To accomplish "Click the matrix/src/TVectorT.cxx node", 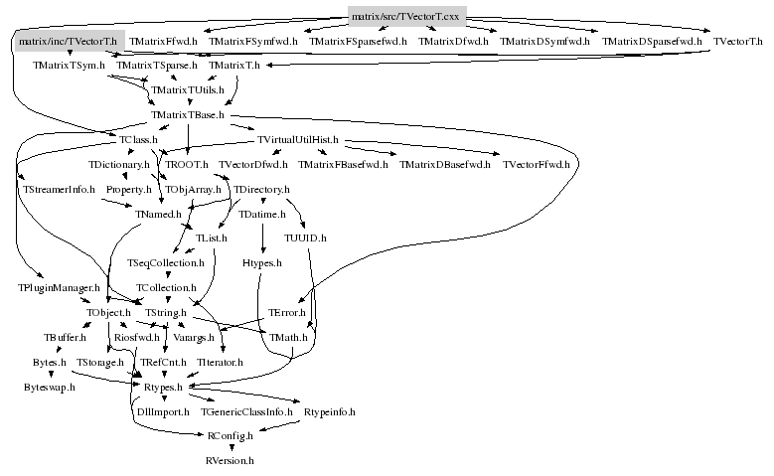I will [x=407, y=16].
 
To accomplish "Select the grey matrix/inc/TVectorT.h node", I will [x=68, y=41].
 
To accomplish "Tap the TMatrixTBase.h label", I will [x=188, y=115].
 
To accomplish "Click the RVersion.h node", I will [x=230, y=461].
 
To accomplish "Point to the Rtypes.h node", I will [x=163, y=387].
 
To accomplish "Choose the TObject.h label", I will [x=108, y=313].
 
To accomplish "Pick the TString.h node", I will [x=166, y=313].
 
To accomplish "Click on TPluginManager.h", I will [x=60, y=288].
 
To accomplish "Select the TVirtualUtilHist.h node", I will [x=298, y=140].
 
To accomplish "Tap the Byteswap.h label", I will [x=50, y=387].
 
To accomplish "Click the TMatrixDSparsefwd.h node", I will [x=652, y=42].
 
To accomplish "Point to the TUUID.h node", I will [x=305, y=238].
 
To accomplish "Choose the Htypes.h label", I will [x=262, y=263].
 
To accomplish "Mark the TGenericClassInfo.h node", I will [x=246, y=411].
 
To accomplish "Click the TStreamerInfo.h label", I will [x=57, y=189].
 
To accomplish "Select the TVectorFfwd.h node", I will [x=537, y=164].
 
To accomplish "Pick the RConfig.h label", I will [x=230, y=436].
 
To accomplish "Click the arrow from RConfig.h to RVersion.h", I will [x=230, y=449].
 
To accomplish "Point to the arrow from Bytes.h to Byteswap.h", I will [x=50, y=375].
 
